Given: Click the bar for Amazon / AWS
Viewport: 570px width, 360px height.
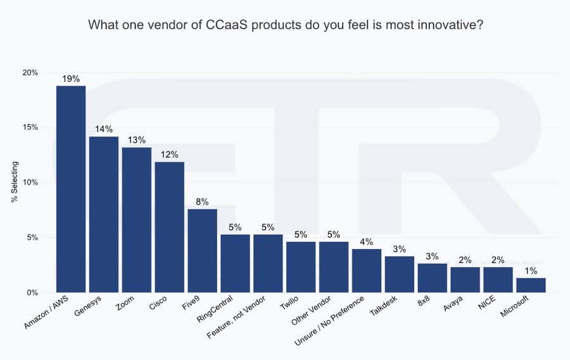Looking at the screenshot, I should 71,189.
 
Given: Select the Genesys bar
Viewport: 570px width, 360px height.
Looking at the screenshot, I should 104,214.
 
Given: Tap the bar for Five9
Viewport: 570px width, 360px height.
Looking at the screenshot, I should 202,250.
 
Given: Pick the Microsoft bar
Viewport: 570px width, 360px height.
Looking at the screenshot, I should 531,285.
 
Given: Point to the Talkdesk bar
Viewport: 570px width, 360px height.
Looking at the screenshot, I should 400,274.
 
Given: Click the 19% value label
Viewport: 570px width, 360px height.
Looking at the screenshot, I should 71,79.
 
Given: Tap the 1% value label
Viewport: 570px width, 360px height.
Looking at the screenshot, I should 531,271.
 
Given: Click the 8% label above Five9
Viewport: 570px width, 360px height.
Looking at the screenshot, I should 202,202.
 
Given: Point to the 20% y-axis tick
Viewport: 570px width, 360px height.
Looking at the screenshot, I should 30,72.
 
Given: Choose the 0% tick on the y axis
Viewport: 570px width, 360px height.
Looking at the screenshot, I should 32,293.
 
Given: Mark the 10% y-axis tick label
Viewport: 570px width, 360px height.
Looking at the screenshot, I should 30,183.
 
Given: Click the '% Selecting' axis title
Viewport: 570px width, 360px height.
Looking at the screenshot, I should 15,183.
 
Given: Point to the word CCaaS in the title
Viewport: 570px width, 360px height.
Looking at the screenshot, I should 229,25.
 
